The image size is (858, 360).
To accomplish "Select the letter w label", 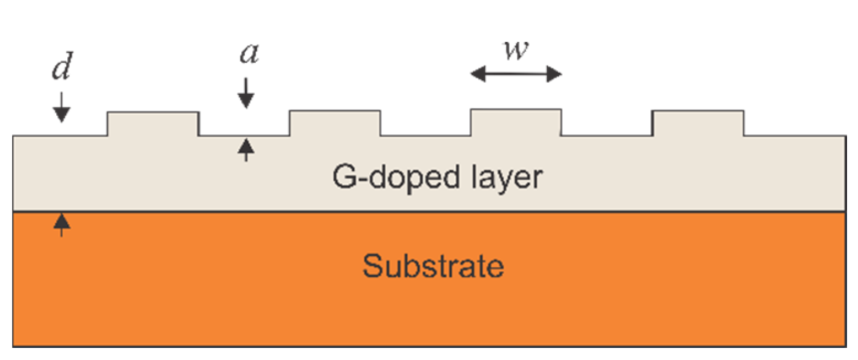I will point(516,51).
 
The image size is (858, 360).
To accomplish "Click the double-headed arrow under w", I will point(516,74).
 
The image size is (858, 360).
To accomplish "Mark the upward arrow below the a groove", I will point(246,149).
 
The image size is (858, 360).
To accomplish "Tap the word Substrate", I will point(433,267).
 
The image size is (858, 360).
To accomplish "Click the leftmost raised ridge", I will point(153,123).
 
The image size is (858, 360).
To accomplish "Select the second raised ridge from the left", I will point(335,123).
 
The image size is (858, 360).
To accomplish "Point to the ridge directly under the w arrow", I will point(516,122).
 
